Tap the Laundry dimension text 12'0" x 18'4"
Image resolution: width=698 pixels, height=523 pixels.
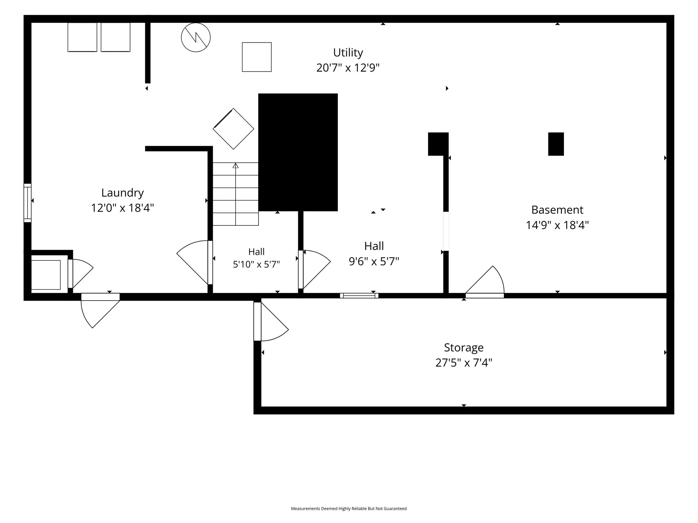click(x=123, y=208)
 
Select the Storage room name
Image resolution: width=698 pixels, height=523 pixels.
click(x=463, y=347)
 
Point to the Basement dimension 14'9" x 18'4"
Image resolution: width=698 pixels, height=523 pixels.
click(x=557, y=225)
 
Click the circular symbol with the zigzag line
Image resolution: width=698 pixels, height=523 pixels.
click(x=196, y=37)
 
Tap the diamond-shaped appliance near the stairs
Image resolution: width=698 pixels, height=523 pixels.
click(x=233, y=129)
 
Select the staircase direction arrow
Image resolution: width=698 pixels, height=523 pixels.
click(x=236, y=194)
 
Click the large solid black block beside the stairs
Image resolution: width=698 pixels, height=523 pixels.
click(x=298, y=152)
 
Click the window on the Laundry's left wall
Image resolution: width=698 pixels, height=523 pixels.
click(x=27, y=203)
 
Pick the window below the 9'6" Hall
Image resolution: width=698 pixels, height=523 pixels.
click(x=359, y=295)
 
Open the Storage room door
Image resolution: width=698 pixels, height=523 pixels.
click(x=271, y=322)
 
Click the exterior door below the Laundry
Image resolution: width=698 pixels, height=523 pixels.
click(x=100, y=310)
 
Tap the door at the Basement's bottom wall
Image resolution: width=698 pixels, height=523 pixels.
click(x=485, y=282)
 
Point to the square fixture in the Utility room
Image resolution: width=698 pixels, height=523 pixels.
click(x=257, y=57)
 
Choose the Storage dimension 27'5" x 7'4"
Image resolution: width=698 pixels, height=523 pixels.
click(x=463, y=363)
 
